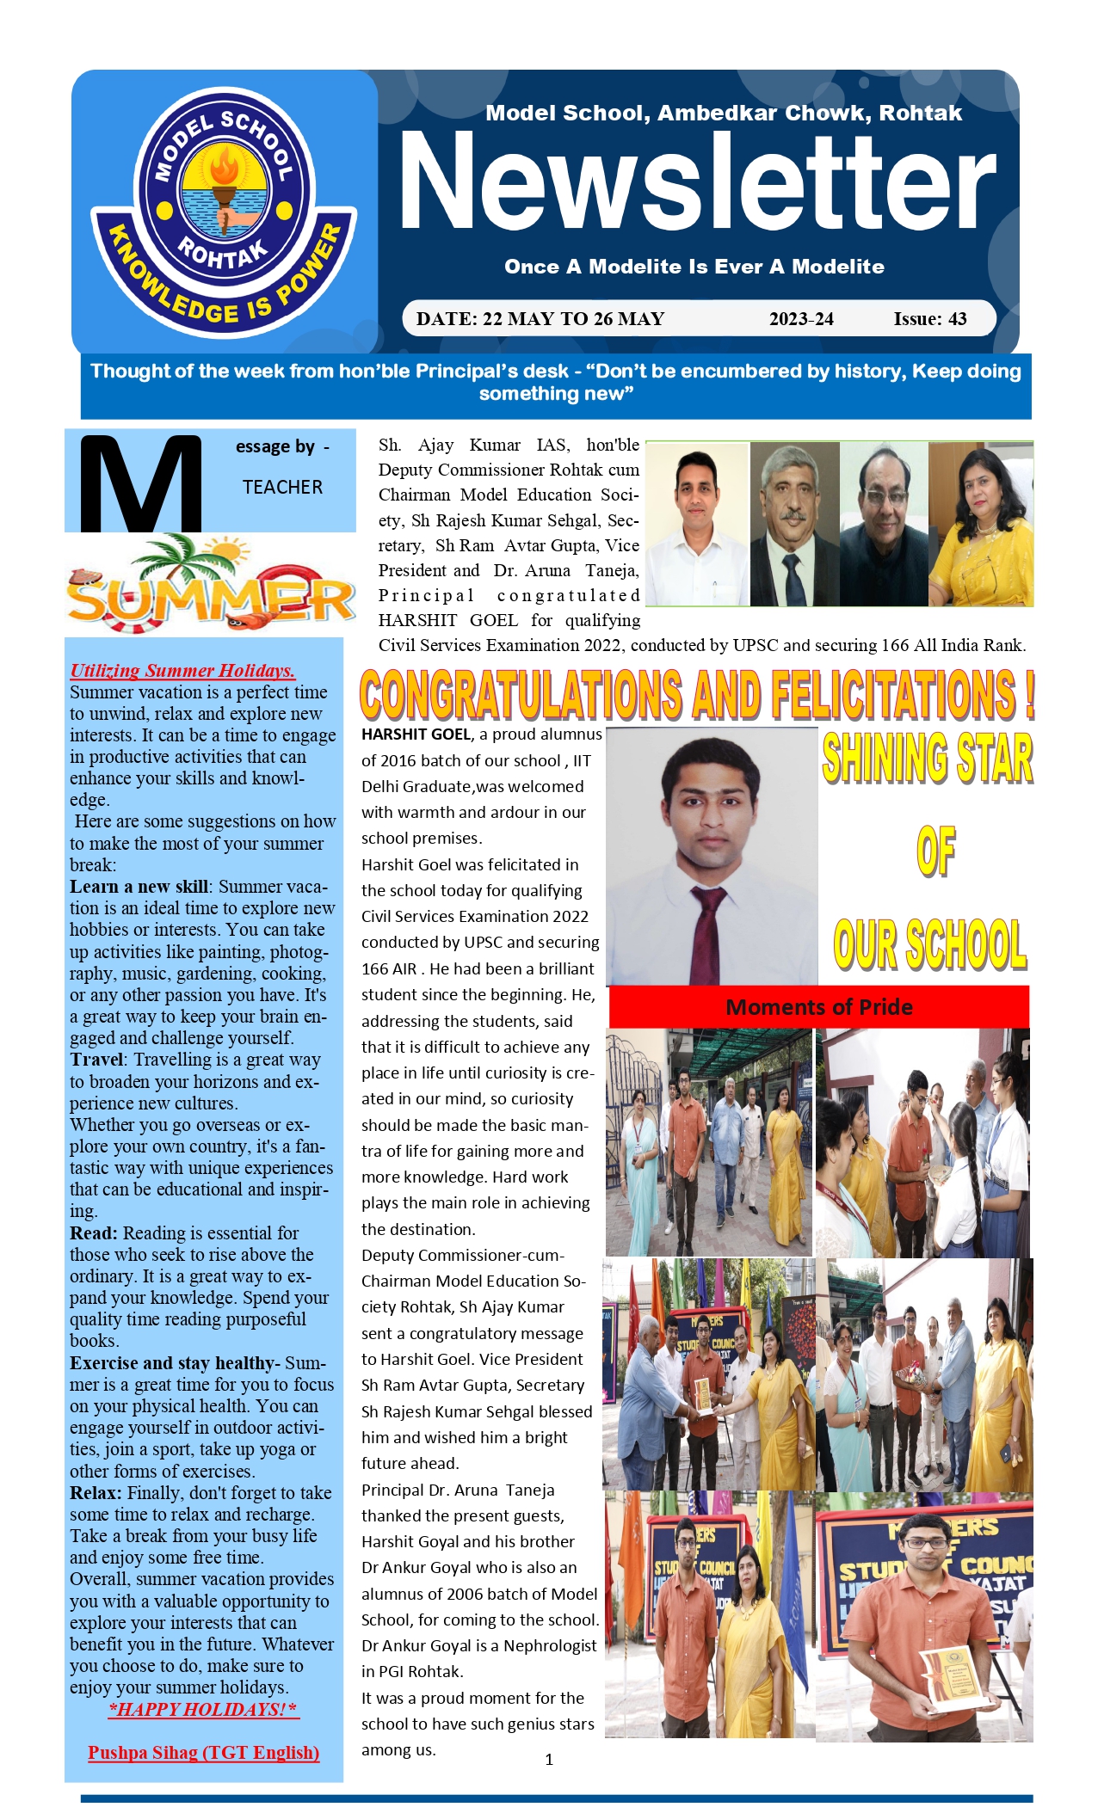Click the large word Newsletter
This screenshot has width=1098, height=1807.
[697, 182]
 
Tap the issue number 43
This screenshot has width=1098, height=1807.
[956, 319]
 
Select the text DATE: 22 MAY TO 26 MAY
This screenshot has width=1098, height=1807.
[540, 319]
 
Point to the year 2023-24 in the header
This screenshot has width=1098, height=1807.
[801, 319]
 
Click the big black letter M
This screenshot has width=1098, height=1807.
[140, 483]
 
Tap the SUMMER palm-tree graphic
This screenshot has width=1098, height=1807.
[210, 585]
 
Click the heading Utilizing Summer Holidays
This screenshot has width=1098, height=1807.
[182, 671]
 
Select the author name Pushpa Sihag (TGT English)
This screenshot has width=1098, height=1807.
[203, 1752]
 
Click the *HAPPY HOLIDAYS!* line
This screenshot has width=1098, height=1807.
[203, 1709]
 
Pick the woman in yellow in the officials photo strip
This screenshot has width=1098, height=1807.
[981, 525]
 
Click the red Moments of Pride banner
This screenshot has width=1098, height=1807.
[818, 1007]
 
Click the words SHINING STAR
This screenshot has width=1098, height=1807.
[927, 759]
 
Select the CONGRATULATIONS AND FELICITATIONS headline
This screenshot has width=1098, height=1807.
[697, 695]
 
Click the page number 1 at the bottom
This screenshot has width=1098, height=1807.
[549, 1760]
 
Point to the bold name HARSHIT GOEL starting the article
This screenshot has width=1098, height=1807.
[416, 734]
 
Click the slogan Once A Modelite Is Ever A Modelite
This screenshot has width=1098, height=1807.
[694, 267]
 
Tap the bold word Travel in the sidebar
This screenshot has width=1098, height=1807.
[97, 1060]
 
